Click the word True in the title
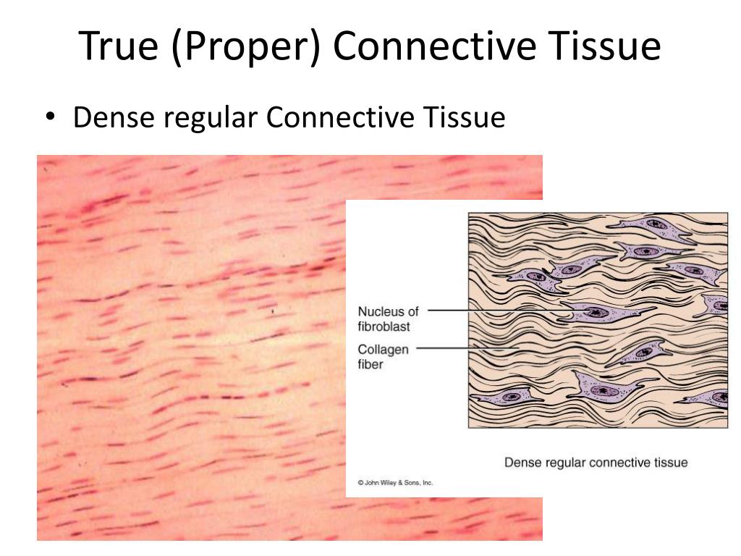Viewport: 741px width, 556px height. (x=119, y=46)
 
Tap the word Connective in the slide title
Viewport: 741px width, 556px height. (x=435, y=46)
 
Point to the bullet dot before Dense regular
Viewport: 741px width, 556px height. (x=51, y=117)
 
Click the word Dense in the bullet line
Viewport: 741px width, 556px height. (x=114, y=117)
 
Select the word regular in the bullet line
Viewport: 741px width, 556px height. (x=211, y=118)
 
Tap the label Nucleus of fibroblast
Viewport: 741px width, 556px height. (x=388, y=319)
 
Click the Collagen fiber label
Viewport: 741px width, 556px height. (x=383, y=356)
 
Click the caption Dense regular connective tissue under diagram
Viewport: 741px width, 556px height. (x=596, y=462)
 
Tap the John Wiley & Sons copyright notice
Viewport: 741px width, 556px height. (x=395, y=483)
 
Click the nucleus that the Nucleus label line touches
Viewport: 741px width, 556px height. (x=594, y=311)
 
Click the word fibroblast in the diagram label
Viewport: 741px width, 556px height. (x=384, y=327)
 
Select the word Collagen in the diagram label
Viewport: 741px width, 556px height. (x=383, y=350)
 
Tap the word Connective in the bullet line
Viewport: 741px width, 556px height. (x=340, y=117)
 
